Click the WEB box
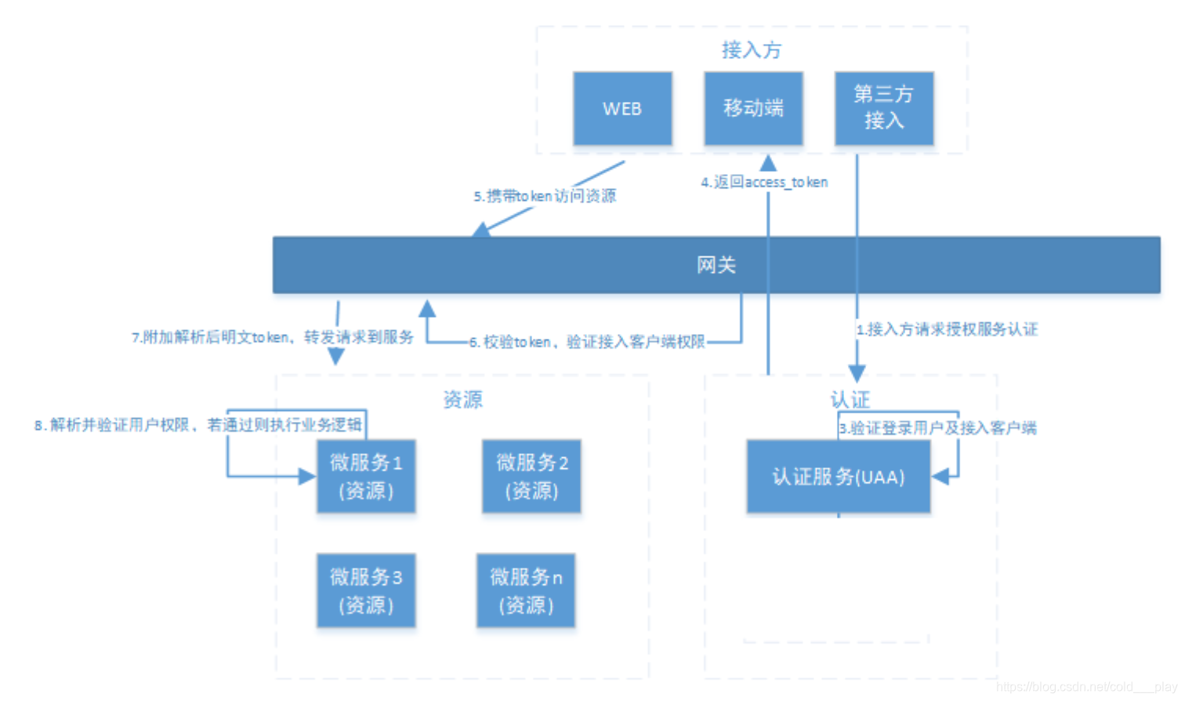[622, 108]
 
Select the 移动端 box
[753, 108]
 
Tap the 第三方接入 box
[883, 108]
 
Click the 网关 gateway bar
[716, 265]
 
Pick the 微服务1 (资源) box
[366, 476]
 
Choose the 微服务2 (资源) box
[531, 476]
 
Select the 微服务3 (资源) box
[366, 590]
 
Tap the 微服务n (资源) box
[526, 590]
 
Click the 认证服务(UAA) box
[839, 476]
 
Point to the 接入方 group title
[752, 50]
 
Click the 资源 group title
[463, 400]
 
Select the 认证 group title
[850, 400]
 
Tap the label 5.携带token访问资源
[545, 196]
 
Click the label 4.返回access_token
[764, 182]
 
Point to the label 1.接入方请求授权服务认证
[947, 329]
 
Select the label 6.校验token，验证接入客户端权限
[587, 342]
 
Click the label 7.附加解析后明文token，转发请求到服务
[272, 337]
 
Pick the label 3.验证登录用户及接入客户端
[937, 428]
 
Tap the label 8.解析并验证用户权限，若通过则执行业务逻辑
[198, 425]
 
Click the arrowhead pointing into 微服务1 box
[307, 476]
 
